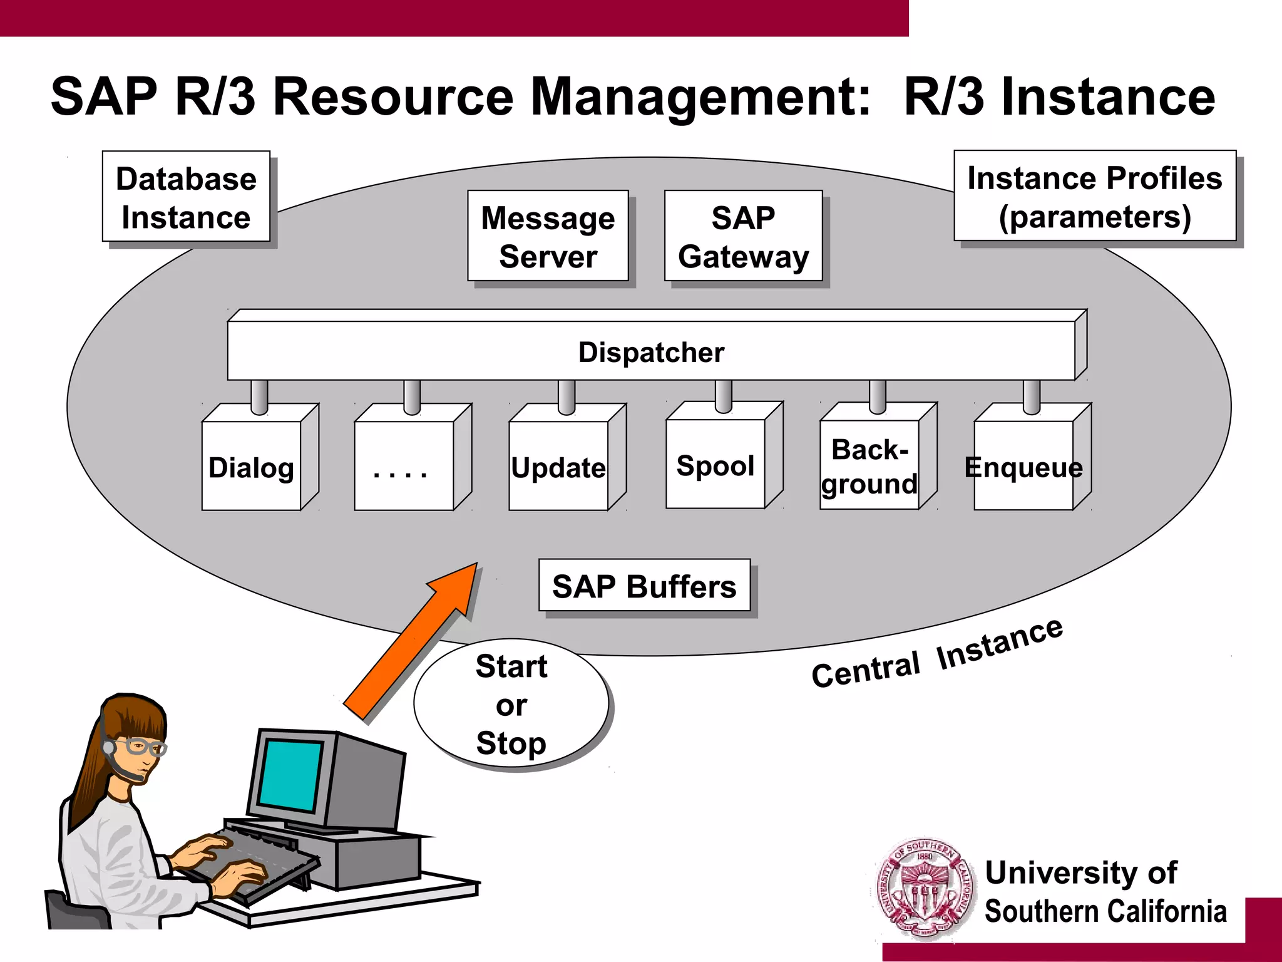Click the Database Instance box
pos(186,197)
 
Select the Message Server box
pos(548,236)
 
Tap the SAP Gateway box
pos(743,236)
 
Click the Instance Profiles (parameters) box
pos(1094,196)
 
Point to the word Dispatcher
pos(651,352)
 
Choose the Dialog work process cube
pos(252,466)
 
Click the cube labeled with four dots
pos(404,466)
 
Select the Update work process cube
pos(558,466)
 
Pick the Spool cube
pos(715,464)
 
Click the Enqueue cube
pos(1023,466)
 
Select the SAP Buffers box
pos(644,586)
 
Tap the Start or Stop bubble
pos(511,704)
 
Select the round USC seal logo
pos(925,889)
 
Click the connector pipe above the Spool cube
pos(724,395)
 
